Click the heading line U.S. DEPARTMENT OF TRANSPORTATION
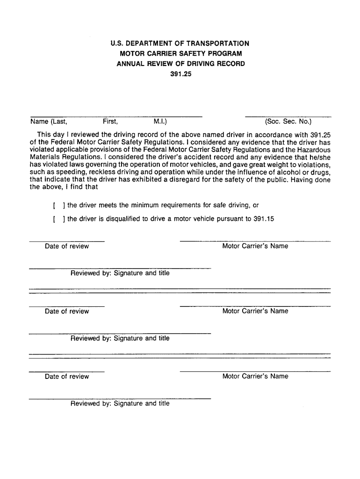[180, 44]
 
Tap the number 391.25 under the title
[180, 73]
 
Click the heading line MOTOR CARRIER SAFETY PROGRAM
[180, 53]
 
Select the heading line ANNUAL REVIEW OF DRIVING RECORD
[180, 63]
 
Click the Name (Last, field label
[49, 122]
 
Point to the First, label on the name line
[110, 122]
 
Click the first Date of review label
[67, 247]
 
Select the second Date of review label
[67, 312]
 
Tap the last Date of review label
[67, 377]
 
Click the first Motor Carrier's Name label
[255, 247]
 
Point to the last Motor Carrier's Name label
[255, 377]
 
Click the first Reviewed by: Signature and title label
[120, 273]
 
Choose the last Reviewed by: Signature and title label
[120, 403]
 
